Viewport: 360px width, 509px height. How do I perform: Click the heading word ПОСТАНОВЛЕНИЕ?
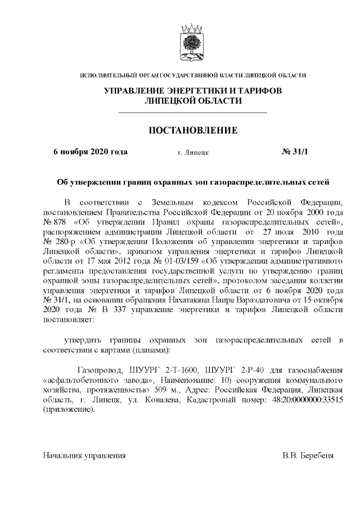coord(193,130)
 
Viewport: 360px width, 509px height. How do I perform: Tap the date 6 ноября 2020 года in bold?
coord(90,152)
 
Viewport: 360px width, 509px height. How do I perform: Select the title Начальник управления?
coord(84,454)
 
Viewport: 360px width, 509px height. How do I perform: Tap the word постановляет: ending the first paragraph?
coord(69,318)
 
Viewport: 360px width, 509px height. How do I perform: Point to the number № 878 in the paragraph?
coord(54,223)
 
